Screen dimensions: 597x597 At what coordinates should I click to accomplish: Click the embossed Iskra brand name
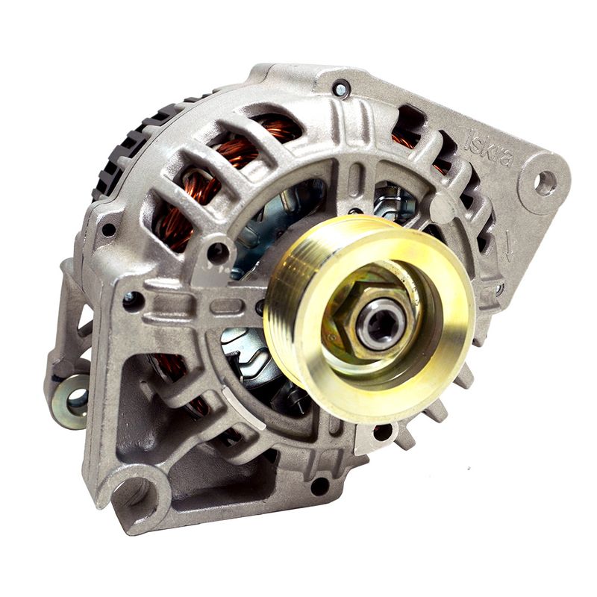pyautogui.click(x=490, y=147)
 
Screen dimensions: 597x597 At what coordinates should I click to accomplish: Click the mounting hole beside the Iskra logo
pyautogui.click(x=546, y=183)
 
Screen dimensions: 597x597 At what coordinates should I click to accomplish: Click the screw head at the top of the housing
pyautogui.click(x=340, y=90)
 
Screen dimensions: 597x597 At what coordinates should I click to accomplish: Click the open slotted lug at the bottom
pyautogui.click(x=139, y=495)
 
